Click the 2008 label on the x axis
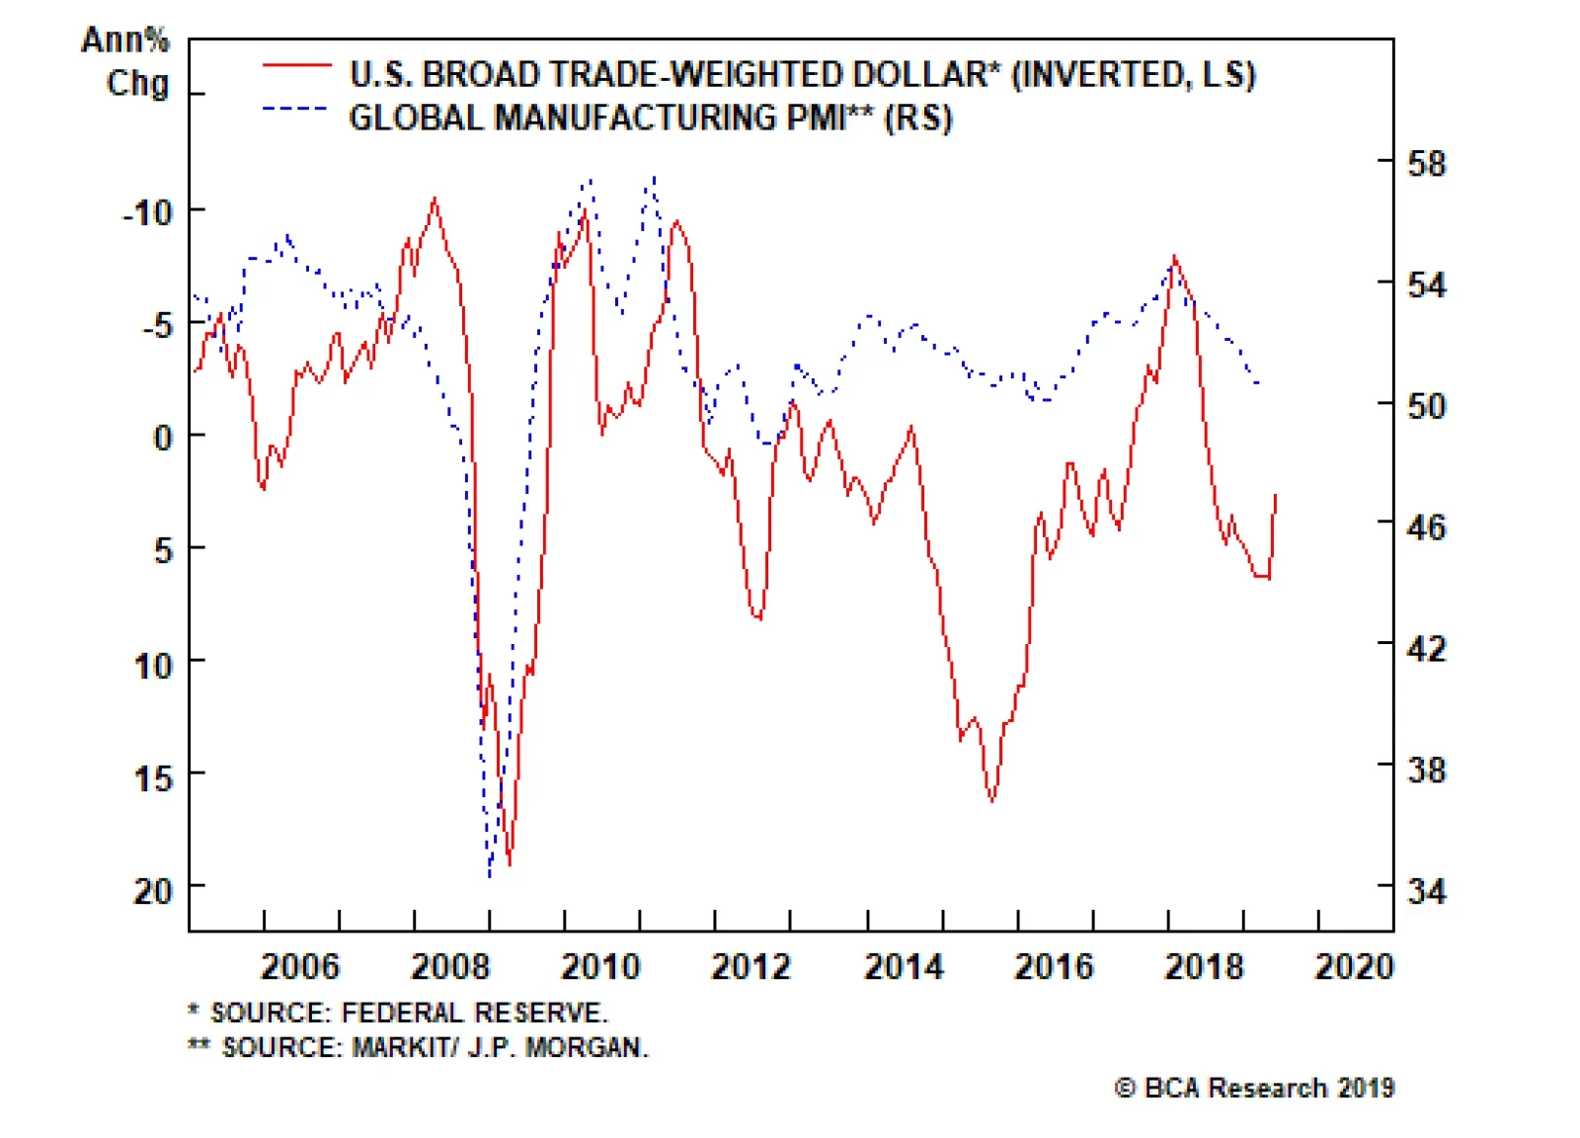tap(449, 965)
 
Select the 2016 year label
tap(1054, 965)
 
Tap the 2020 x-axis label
tap(1354, 965)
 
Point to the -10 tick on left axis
tap(147, 211)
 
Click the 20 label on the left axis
tap(153, 891)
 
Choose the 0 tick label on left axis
tap(163, 437)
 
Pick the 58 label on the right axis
tap(1426, 163)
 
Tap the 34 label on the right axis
tap(1426, 891)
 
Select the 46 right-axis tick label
tap(1426, 527)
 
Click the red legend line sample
tap(296, 65)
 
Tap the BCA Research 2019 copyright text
tap(1254, 1088)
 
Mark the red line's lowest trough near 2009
tap(510, 864)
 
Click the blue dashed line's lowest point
tap(490, 875)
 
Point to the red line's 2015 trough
tap(991, 800)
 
